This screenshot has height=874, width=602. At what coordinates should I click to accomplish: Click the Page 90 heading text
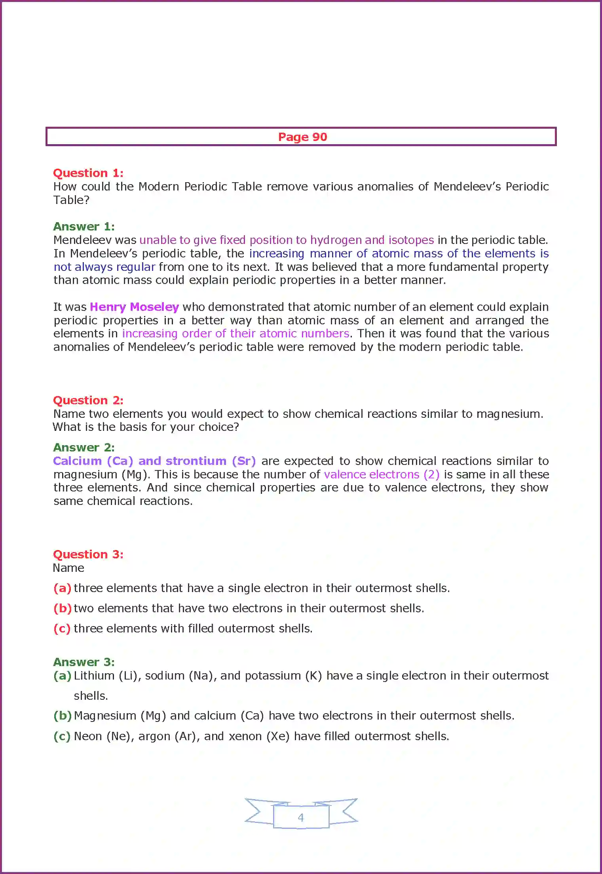click(x=302, y=137)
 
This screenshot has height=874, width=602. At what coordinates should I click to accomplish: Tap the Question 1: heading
click(x=88, y=173)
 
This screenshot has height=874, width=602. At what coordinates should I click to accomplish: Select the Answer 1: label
click(x=84, y=227)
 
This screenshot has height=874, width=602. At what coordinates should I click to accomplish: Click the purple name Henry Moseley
click(x=134, y=307)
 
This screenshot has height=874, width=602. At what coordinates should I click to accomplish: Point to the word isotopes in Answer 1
click(x=411, y=240)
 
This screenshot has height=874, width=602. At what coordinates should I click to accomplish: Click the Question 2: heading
click(x=88, y=400)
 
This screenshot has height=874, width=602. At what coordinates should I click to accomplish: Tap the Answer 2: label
click(x=84, y=447)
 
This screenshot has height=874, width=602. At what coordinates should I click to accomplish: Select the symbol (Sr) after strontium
click(x=244, y=461)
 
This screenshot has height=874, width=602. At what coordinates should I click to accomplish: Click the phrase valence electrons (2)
click(x=382, y=474)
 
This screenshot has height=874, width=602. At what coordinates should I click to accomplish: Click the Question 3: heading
click(x=88, y=554)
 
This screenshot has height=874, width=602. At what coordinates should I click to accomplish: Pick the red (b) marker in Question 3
click(x=63, y=608)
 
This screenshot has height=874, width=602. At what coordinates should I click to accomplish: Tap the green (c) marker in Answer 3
click(x=62, y=736)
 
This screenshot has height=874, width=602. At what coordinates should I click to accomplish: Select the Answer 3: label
click(x=84, y=662)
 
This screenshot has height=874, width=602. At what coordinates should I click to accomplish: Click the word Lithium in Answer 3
click(x=94, y=676)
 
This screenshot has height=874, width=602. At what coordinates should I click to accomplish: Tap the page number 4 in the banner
click(x=301, y=817)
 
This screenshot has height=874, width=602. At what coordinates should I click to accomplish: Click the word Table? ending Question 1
click(x=71, y=200)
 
